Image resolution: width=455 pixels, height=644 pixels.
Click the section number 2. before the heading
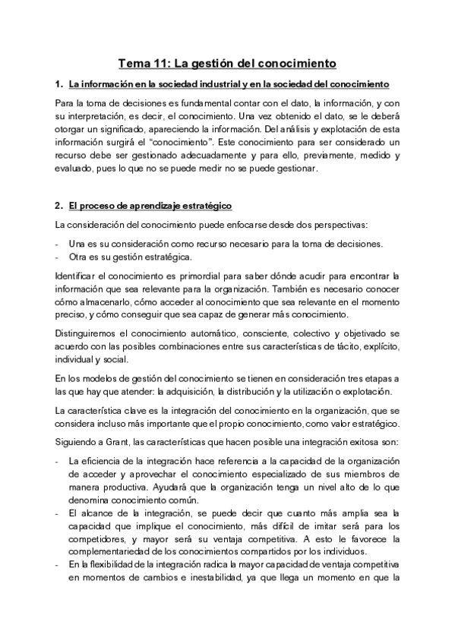coord(59,206)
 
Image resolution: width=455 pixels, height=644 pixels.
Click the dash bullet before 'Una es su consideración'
coord(58,244)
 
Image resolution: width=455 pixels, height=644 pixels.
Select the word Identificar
coord(80,276)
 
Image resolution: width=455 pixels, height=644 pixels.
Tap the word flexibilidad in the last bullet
coord(113,564)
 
